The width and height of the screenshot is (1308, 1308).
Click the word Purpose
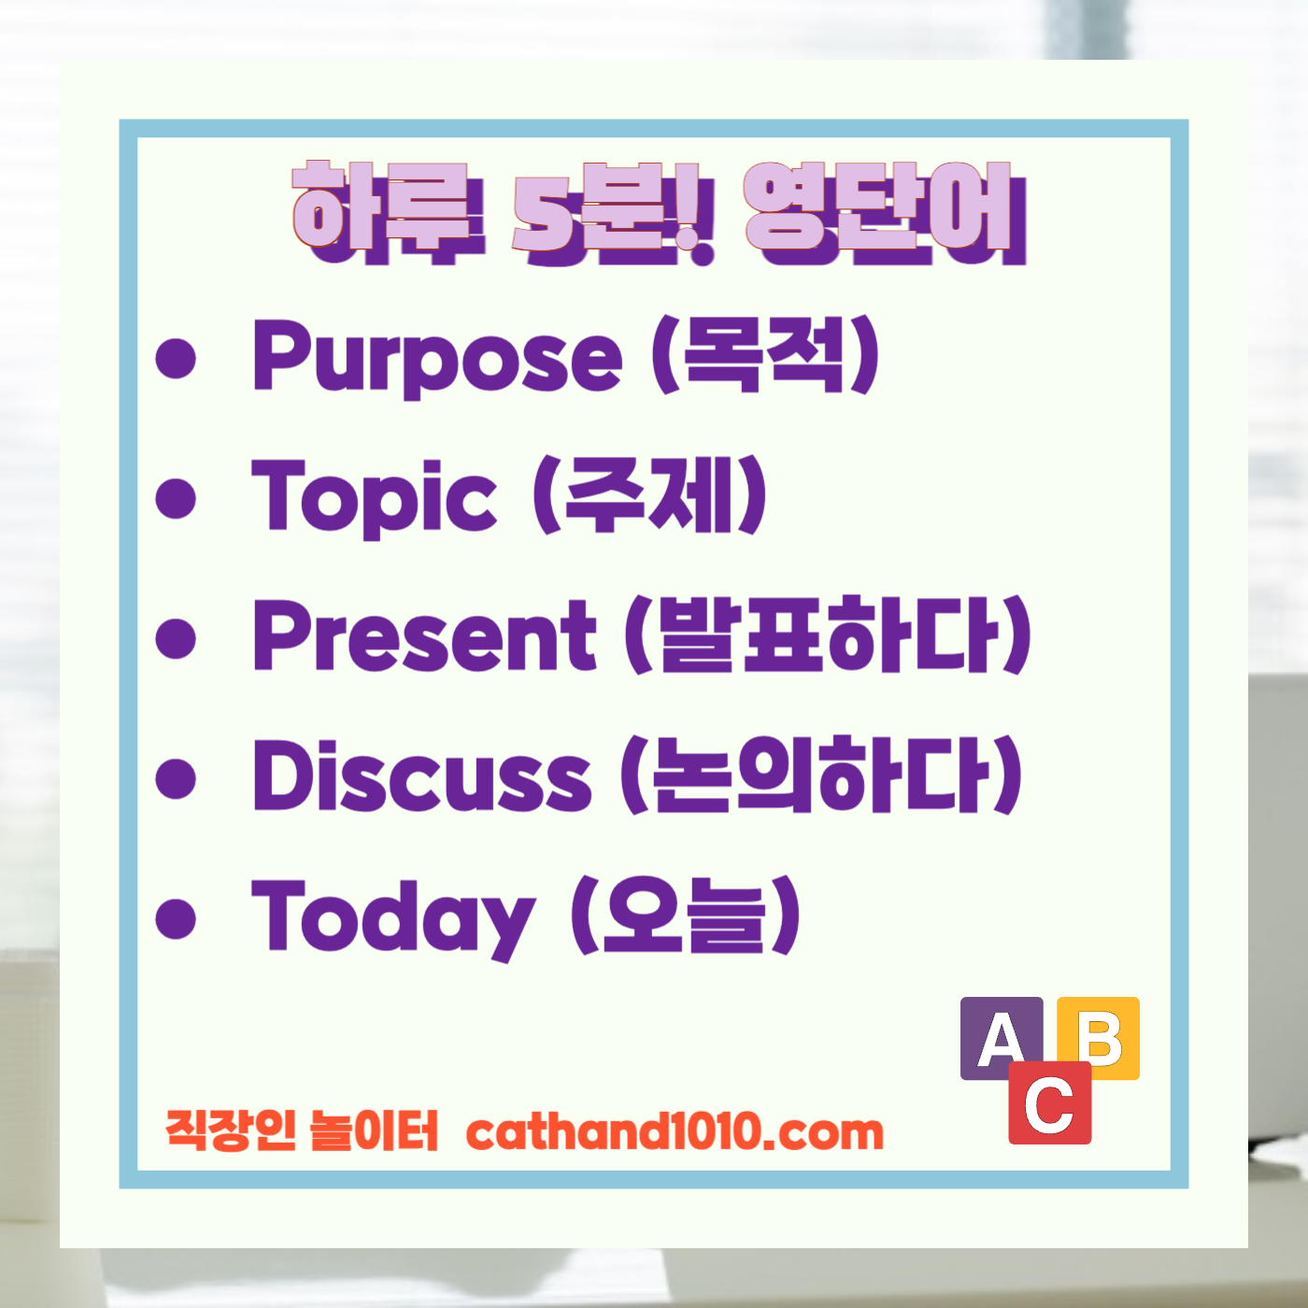pyautogui.click(x=436, y=356)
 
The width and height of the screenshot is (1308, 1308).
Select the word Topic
pyautogui.click(x=374, y=497)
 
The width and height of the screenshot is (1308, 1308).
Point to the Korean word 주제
pyautogui.click(x=650, y=495)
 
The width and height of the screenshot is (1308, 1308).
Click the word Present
pyautogui.click(x=424, y=636)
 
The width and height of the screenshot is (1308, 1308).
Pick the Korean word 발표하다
pyautogui.click(x=828, y=635)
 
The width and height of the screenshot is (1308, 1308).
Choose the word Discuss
pyautogui.click(x=422, y=775)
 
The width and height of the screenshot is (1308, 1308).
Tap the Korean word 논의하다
pyautogui.click(x=821, y=775)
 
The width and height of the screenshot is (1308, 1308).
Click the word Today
pyautogui.click(x=392, y=917)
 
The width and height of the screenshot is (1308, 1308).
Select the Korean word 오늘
pyautogui.click(x=685, y=916)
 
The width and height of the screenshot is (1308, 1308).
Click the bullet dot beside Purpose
pyautogui.click(x=176, y=359)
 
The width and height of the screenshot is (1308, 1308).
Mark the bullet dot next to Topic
pyautogui.click(x=176, y=498)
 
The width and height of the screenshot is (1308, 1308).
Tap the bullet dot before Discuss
pyautogui.click(x=176, y=777)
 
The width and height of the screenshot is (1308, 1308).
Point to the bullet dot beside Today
pyautogui.click(x=176, y=918)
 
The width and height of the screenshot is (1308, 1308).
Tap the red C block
pyautogui.click(x=1049, y=1105)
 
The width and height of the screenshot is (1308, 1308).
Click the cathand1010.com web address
pyautogui.click(x=675, y=1132)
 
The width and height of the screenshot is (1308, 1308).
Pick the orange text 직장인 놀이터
pyautogui.click(x=302, y=1130)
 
